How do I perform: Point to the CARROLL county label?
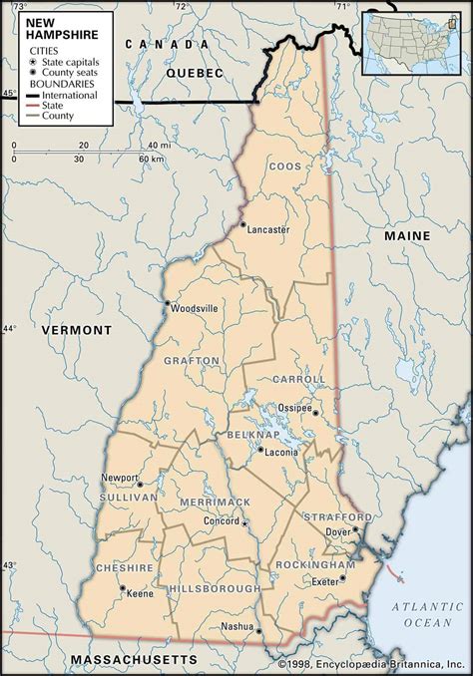297,380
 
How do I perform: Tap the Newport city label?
119,478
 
